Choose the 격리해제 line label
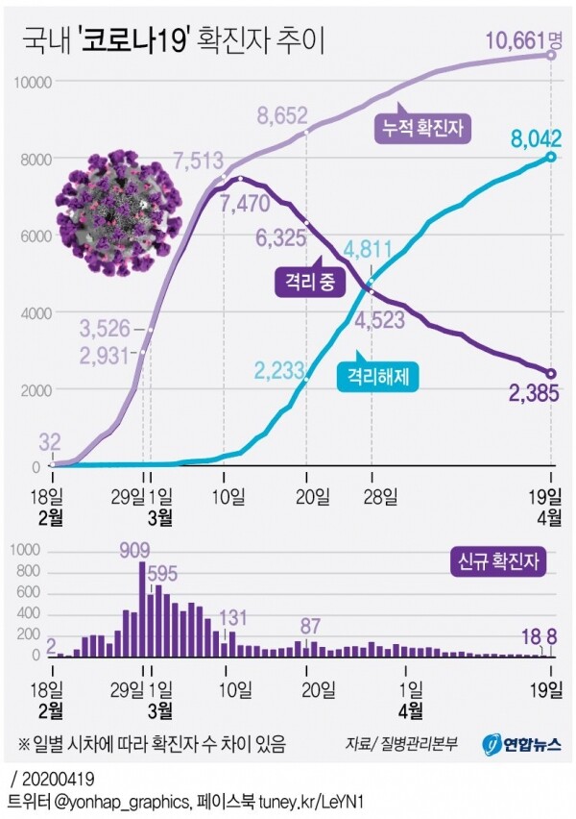(x=380, y=377)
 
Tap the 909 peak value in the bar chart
(x=142, y=551)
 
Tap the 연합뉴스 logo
(x=522, y=743)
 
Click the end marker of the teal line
(x=551, y=157)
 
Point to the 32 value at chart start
(x=51, y=443)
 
